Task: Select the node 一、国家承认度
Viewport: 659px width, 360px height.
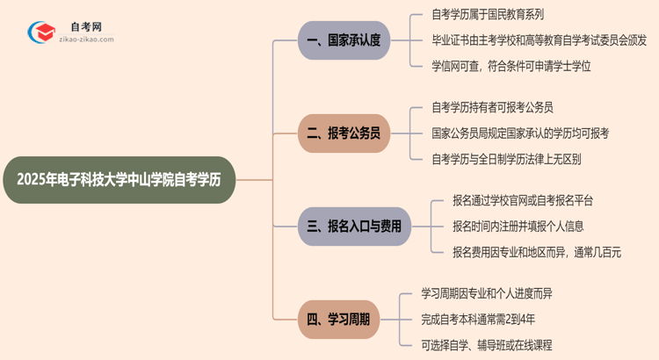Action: pyautogui.click(x=343, y=40)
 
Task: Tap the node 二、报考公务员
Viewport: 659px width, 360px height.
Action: pyautogui.click(x=343, y=133)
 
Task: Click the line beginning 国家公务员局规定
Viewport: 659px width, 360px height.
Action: pyautogui.click(x=520, y=133)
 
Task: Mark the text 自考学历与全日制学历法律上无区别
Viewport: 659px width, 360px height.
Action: pyautogui.click(x=506, y=159)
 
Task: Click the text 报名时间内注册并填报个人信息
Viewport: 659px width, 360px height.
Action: pyautogui.click(x=518, y=227)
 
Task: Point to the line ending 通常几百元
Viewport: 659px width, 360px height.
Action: pyautogui.click(x=537, y=252)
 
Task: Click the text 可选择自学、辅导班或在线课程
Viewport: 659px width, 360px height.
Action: pyautogui.click(x=487, y=345)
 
